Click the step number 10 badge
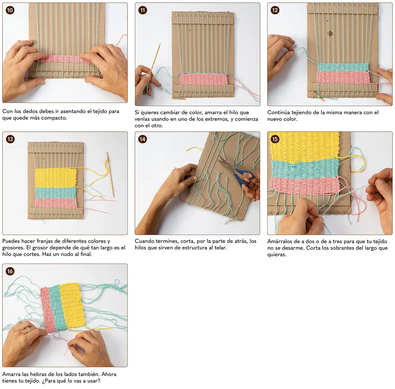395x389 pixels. click(x=10, y=10)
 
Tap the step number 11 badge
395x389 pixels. click(x=142, y=10)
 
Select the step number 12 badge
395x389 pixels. click(x=275, y=10)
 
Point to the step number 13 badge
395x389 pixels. click(x=10, y=139)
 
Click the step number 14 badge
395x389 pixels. click(x=142, y=139)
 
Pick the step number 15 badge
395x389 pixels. click(x=275, y=139)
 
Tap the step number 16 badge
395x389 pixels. click(x=10, y=271)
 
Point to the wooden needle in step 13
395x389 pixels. click(x=110, y=175)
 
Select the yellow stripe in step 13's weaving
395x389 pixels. click(x=56, y=178)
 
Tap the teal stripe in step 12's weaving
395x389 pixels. click(x=343, y=67)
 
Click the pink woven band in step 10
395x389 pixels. click(x=65, y=59)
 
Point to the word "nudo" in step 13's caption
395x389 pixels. click(x=70, y=254)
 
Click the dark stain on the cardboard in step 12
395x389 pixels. click(x=330, y=33)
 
